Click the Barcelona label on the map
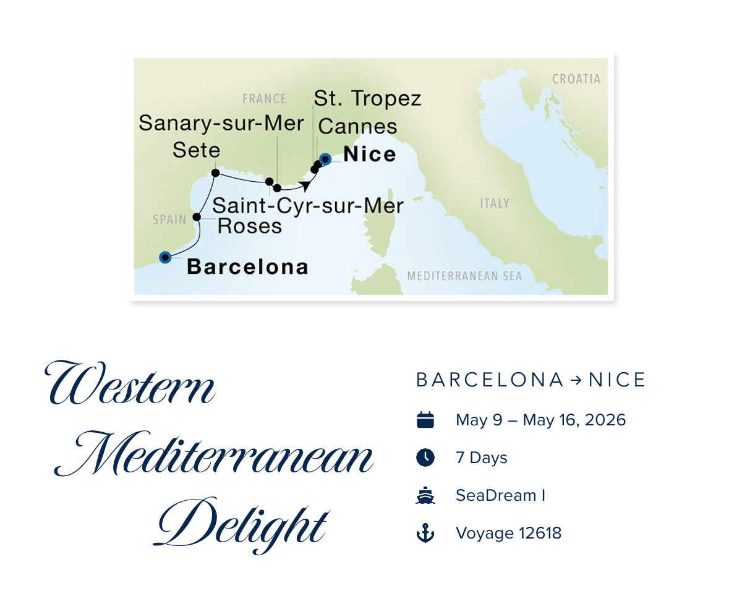coord(247,267)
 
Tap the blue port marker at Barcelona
coord(165,257)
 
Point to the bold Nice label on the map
coord(370,154)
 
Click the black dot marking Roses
coord(197,217)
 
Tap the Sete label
coord(196,150)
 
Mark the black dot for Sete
coord(215,172)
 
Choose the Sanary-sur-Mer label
coord(221,123)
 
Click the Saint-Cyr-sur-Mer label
coord(307,205)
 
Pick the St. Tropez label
coord(367,98)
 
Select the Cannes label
coord(358,127)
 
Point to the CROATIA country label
coord(576,79)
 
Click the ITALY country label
coord(495,203)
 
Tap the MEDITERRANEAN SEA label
coord(464,276)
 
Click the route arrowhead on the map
coord(304,185)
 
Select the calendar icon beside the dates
coord(425,420)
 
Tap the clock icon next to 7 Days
coord(425,458)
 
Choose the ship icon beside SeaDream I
coord(425,496)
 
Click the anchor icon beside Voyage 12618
coord(425,534)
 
